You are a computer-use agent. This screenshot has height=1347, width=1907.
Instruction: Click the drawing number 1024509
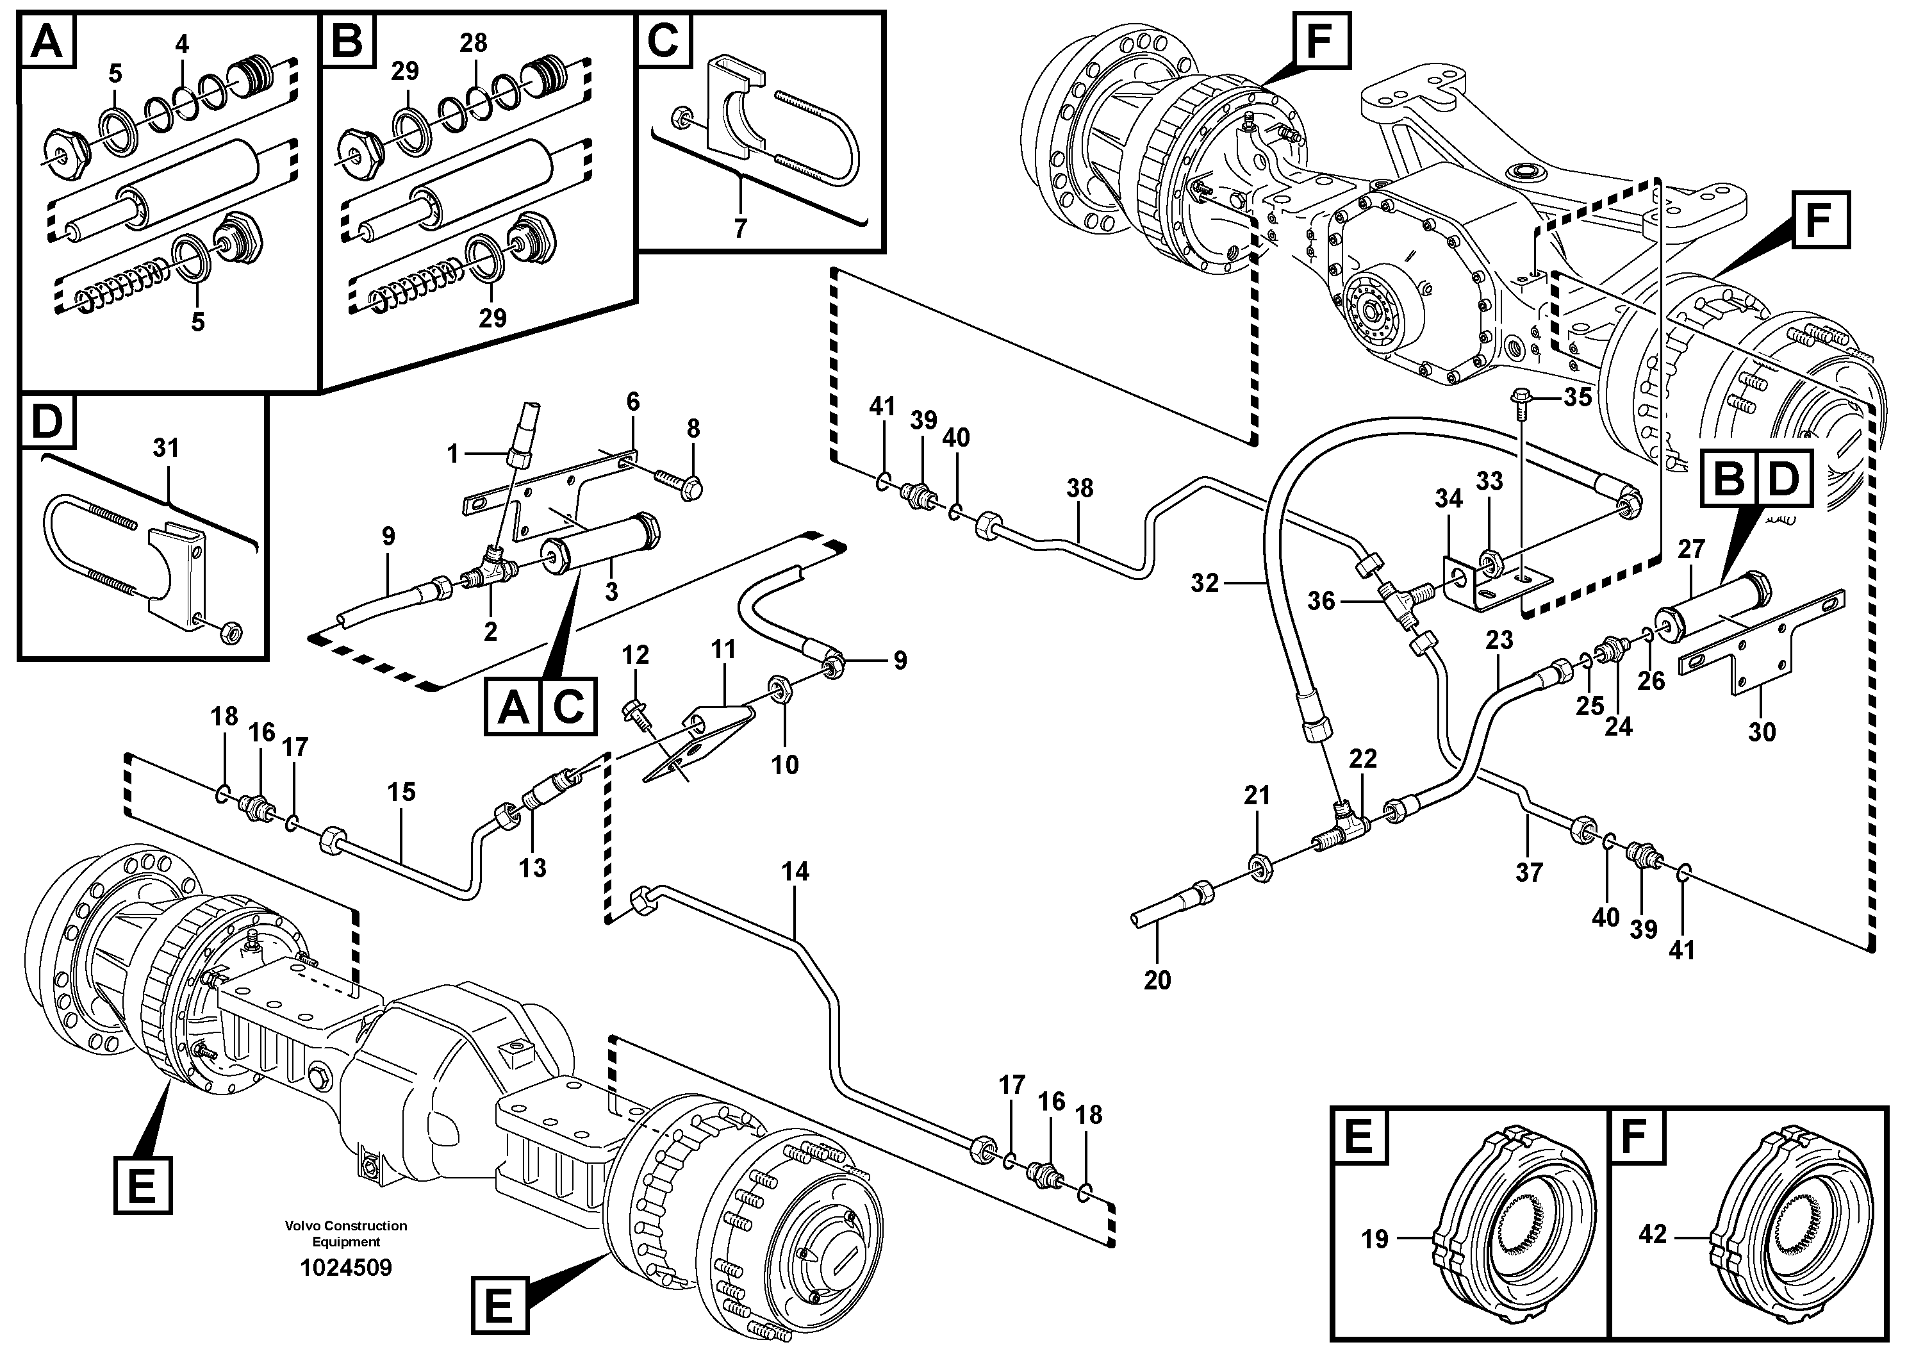click(345, 1268)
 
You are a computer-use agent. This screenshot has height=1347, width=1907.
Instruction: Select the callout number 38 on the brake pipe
click(1080, 488)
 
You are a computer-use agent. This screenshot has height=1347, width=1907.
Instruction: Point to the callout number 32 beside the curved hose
click(1204, 584)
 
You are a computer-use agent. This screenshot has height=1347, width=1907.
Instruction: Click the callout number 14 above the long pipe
click(795, 872)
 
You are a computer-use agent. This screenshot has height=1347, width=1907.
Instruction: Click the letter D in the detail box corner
click(47, 422)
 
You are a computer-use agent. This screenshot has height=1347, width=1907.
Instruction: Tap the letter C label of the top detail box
click(663, 40)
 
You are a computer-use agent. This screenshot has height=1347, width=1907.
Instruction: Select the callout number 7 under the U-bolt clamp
click(739, 228)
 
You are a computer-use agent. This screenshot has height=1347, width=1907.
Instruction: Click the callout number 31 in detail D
click(166, 449)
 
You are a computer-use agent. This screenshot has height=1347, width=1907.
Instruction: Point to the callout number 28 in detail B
click(474, 43)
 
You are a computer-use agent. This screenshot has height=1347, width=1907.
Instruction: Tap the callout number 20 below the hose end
click(1157, 980)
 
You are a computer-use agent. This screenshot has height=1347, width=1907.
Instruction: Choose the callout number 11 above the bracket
click(723, 649)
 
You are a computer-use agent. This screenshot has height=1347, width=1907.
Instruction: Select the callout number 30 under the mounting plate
click(1762, 732)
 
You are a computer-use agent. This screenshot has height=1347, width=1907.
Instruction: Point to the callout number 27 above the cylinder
click(1691, 549)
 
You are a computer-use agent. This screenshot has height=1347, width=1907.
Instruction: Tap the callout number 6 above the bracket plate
click(633, 403)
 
